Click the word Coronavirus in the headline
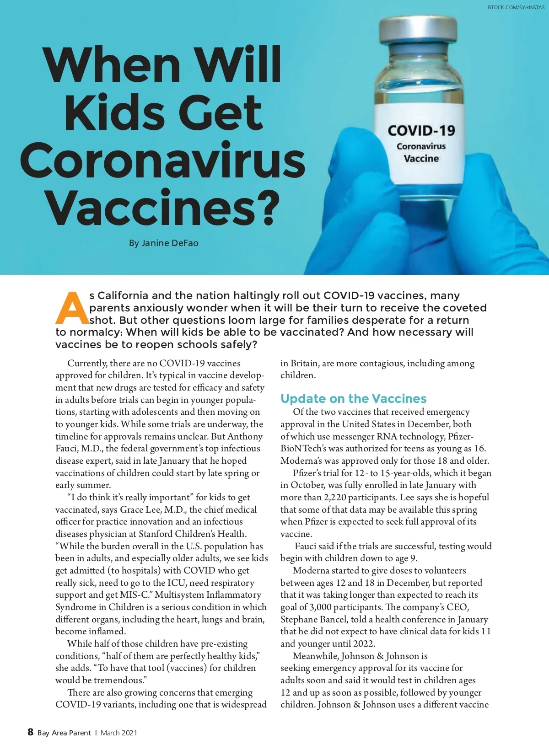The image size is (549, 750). tap(162, 161)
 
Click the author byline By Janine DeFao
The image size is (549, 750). tap(163, 243)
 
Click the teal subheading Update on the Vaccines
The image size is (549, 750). tap(353, 398)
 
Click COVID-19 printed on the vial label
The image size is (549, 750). tap(421, 131)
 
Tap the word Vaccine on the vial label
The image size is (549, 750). tap(421, 159)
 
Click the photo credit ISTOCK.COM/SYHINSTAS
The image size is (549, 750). tap(516, 8)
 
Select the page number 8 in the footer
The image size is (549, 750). tap(30, 732)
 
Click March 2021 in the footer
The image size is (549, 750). tap(118, 733)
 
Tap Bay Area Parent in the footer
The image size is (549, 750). tap(64, 733)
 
